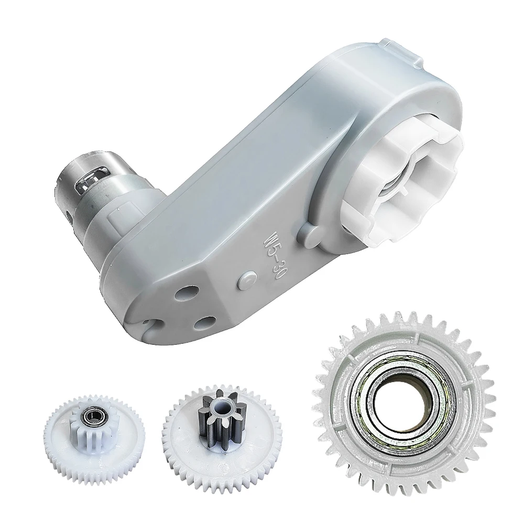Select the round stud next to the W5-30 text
[x=247, y=280]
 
